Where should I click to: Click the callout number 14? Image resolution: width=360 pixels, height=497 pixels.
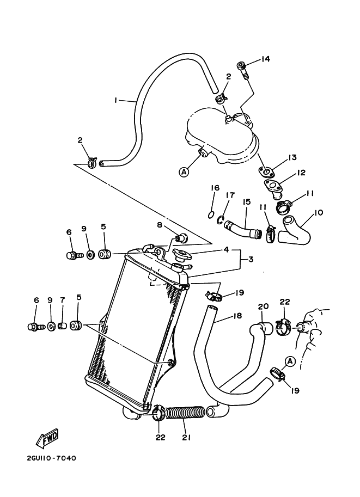pos(265,59)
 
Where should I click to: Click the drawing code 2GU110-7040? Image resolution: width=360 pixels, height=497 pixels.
pos(51,458)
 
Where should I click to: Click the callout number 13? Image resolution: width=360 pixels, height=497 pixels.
pos(292,158)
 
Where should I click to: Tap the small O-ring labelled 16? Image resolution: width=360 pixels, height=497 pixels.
pos(211,214)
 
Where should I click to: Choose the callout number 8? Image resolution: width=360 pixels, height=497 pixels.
pos(160,224)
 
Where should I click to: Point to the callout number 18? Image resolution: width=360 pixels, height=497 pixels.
pos(237,316)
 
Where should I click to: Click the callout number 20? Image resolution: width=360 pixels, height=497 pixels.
pos(264,306)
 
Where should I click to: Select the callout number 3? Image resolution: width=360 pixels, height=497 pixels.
pos(251,259)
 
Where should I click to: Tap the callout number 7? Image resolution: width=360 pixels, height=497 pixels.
pos(63,300)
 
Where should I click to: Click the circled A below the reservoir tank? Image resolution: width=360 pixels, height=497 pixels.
pos(184,171)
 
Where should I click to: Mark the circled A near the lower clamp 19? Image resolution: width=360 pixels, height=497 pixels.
pos(290,360)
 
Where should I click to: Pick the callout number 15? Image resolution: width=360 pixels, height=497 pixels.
pos(246,202)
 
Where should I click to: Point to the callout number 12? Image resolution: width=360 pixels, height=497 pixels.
pos(300,173)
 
